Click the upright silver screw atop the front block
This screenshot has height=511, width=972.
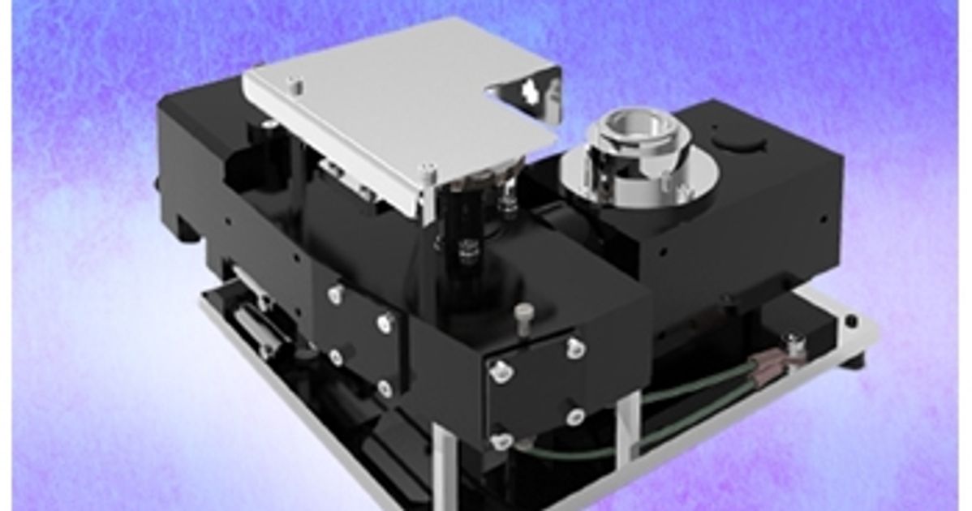[x=525, y=312]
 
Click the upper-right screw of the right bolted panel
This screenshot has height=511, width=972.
[x=574, y=347]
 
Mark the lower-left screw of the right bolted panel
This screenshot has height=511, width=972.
[x=502, y=440]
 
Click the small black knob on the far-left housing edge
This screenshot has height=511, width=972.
[x=158, y=183]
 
